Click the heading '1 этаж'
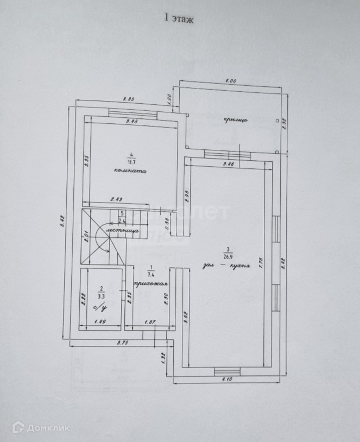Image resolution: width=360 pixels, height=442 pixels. (x=179, y=18)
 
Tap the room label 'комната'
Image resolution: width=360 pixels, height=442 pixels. (x=130, y=170)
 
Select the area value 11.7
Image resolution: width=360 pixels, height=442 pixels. (x=130, y=161)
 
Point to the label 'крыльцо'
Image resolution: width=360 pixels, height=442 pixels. (x=235, y=120)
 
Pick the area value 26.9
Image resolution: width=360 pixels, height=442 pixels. (x=225, y=257)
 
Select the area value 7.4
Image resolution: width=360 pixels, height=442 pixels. (x=150, y=273)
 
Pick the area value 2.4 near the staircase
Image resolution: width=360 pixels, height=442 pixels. (x=123, y=220)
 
